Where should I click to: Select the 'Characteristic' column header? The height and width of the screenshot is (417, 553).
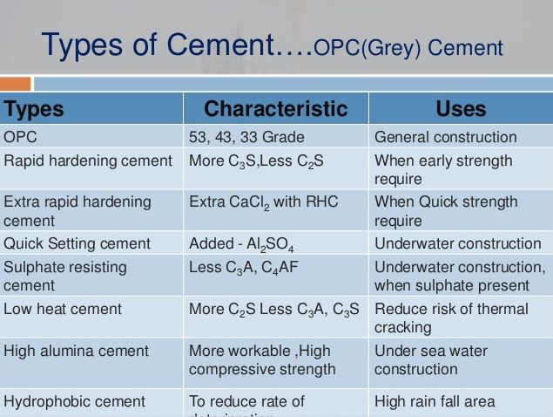(x=275, y=109)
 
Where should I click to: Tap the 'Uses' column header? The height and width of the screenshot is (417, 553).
(x=461, y=109)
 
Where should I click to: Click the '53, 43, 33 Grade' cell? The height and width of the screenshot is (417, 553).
(x=246, y=137)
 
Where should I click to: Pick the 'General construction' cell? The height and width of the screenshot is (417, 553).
(x=445, y=137)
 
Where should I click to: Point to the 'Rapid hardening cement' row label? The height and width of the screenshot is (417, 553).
(x=88, y=161)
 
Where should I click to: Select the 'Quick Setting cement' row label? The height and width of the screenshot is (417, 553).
(x=77, y=243)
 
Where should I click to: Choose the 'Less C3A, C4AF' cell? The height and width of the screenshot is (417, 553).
(x=243, y=268)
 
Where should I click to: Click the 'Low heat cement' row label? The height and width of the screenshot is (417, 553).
(x=63, y=309)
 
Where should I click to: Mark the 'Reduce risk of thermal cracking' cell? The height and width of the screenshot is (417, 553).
(x=451, y=318)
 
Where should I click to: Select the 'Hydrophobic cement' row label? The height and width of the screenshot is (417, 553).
(x=74, y=401)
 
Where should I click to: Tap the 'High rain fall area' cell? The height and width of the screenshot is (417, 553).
(x=435, y=401)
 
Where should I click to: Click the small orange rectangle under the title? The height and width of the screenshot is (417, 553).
(x=15, y=84)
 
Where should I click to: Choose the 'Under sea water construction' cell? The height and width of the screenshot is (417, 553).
(x=431, y=359)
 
